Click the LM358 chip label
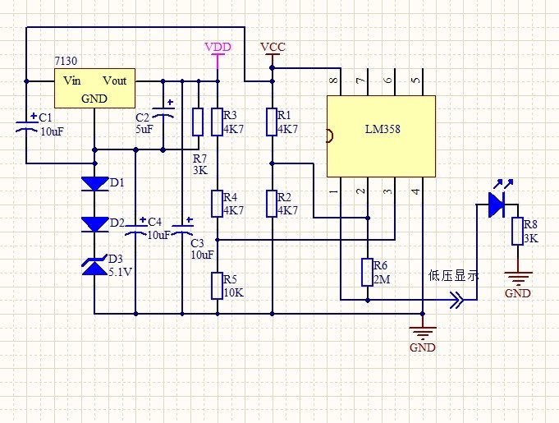[x=383, y=131]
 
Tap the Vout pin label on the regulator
[x=115, y=80]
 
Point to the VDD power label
[x=218, y=47]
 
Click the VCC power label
[x=273, y=47]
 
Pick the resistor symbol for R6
[x=367, y=272]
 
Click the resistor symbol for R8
[x=517, y=232]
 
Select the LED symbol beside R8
[x=495, y=205]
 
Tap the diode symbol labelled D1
[x=95, y=183]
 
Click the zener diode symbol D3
[x=95, y=265]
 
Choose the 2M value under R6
[x=382, y=279]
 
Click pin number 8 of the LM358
[x=334, y=80]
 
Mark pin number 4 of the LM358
[x=415, y=191]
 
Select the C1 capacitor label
[x=45, y=117]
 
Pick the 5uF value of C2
[x=144, y=130]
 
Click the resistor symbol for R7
[x=198, y=122]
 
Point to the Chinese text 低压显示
[x=453, y=276]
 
